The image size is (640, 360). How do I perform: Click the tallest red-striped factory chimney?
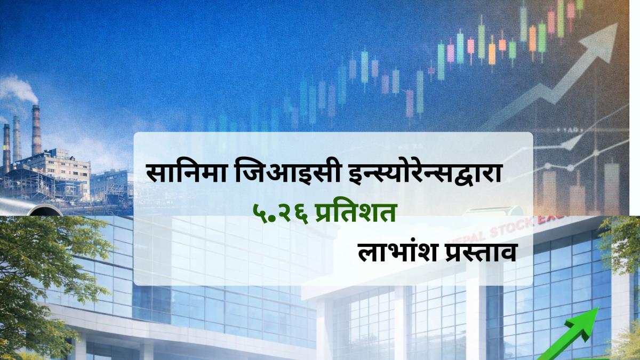click(36, 131)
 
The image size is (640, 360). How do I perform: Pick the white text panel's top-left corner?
click(135, 134)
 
